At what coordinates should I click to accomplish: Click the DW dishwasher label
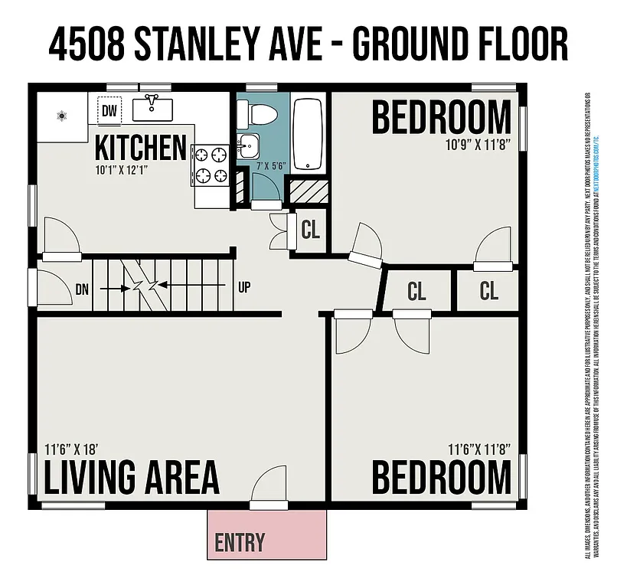tap(109, 112)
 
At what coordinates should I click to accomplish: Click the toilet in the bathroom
tap(256, 116)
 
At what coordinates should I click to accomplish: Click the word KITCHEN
tap(141, 147)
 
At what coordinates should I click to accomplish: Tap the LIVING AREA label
tap(131, 477)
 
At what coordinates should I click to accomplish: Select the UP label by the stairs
tap(245, 288)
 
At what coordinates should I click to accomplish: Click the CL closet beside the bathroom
tap(310, 230)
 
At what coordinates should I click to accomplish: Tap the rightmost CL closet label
tap(488, 291)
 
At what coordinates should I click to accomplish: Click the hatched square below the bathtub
tap(308, 191)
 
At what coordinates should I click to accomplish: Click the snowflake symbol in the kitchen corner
tap(62, 116)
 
